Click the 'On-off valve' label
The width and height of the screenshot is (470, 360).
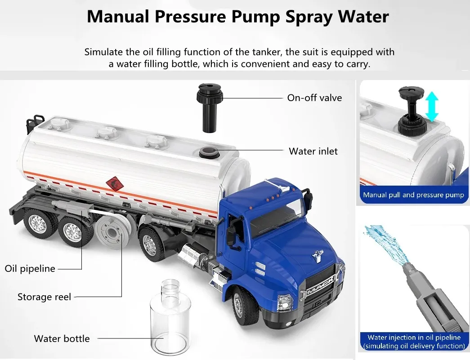click(x=314, y=98)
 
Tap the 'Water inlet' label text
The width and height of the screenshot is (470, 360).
click(x=313, y=151)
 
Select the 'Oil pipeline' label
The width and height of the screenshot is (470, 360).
click(x=30, y=269)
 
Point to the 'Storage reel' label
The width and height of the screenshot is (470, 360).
click(x=45, y=297)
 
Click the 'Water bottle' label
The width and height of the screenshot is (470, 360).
click(x=62, y=338)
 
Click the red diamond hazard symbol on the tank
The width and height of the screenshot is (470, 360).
click(x=115, y=183)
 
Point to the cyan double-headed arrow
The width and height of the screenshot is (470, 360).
click(x=432, y=107)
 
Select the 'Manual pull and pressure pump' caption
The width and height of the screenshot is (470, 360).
click(x=414, y=195)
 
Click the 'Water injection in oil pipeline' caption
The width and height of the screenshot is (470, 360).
click(x=414, y=337)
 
